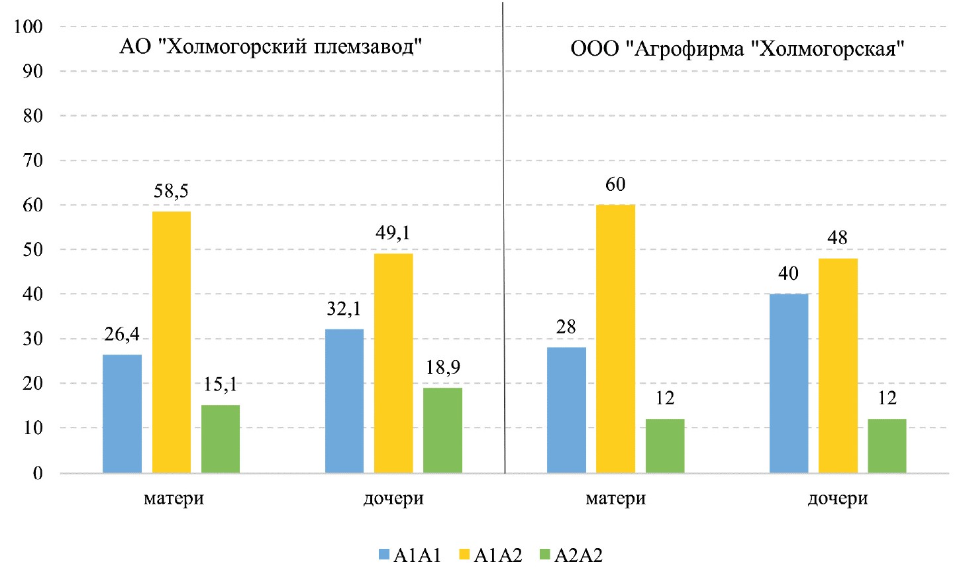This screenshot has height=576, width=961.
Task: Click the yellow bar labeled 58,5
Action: click(172, 342)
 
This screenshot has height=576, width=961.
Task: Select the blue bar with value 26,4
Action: click(123, 414)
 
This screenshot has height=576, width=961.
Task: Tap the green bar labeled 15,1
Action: click(221, 439)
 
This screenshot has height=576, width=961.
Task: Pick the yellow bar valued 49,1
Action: click(393, 363)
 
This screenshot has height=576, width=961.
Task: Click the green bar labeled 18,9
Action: click(442, 430)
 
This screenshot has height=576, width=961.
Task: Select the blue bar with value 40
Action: click(789, 383)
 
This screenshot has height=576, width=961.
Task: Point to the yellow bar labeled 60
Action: click(615, 339)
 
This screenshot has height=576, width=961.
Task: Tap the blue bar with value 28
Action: click(566, 410)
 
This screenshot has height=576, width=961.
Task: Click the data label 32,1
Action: click(344, 309)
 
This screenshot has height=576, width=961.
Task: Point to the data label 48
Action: click(838, 238)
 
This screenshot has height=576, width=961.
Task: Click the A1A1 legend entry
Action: click(410, 555)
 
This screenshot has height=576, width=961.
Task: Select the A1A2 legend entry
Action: click(491, 555)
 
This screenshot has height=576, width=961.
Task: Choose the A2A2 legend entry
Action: click(572, 555)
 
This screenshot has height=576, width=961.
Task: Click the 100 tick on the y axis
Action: click(28, 27)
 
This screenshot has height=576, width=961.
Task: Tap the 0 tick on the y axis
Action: click(38, 473)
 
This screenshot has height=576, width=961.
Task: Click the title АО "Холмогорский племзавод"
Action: click(271, 47)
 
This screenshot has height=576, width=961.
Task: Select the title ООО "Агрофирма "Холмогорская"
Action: click(737, 49)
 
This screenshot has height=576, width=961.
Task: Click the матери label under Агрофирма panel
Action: click(615, 498)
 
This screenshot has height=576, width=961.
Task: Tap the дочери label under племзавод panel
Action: click(393, 498)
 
